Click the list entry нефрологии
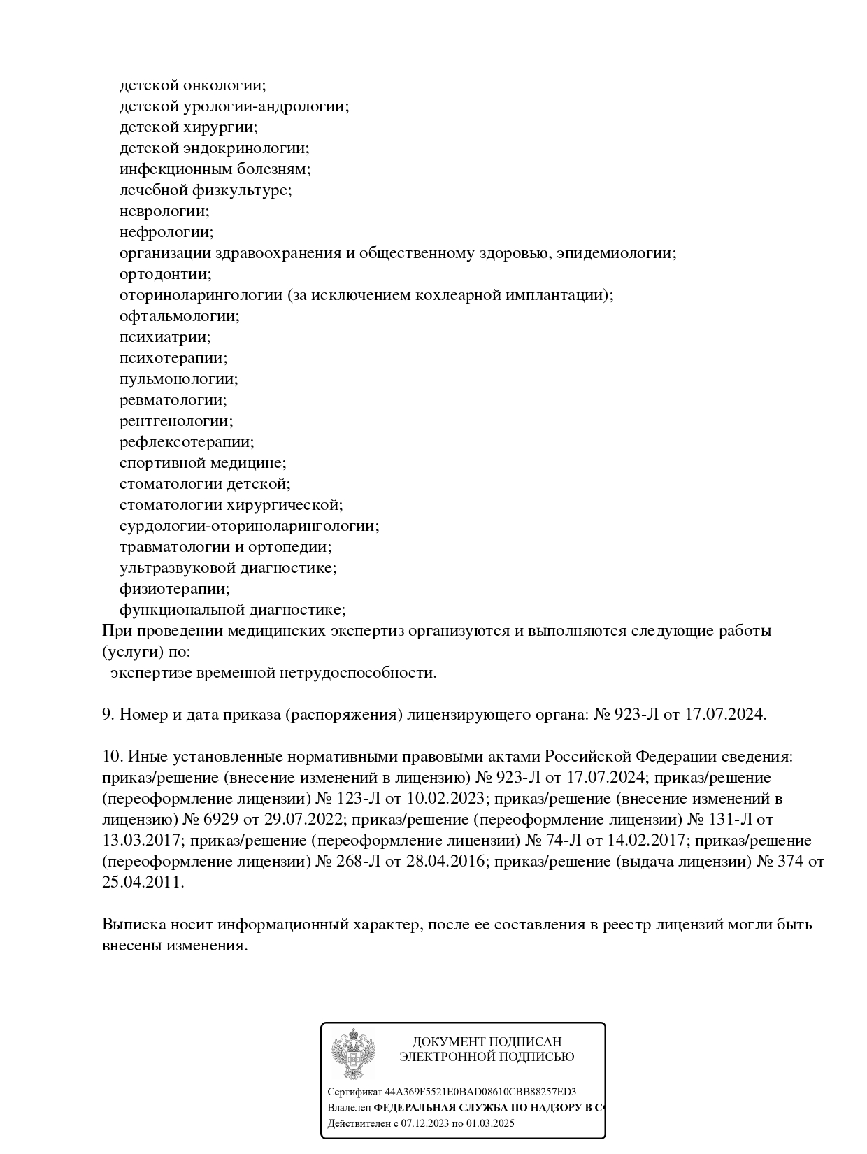[166, 232]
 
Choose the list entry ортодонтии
[165, 274]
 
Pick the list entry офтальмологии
[179, 316]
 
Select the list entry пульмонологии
[178, 379]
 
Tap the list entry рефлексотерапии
[187, 442]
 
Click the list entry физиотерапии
[174, 589]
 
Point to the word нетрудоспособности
[358, 673]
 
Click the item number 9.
[108, 715]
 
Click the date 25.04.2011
[143, 883]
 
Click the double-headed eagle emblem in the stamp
[353, 1053]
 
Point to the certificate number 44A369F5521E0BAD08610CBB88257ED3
[480, 1092]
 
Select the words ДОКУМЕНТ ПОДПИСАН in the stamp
[487, 1041]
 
